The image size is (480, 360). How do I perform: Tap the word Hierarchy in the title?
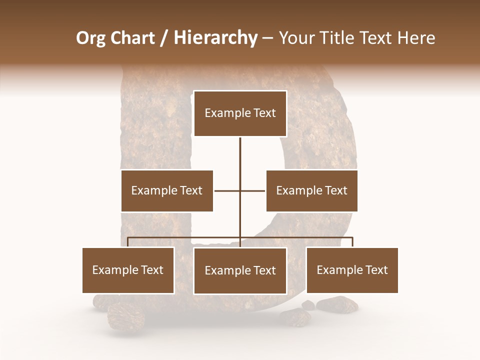pyautogui.click(x=215, y=38)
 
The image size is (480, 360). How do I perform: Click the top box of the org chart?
pyautogui.click(x=240, y=113)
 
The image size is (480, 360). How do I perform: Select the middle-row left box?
pyautogui.click(x=167, y=190)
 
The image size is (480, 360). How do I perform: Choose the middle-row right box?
pyautogui.click(x=311, y=190)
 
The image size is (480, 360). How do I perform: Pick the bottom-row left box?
pyautogui.click(x=128, y=270)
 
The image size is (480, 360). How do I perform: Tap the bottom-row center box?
pyautogui.click(x=240, y=270)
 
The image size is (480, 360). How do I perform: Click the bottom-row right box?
pyautogui.click(x=352, y=270)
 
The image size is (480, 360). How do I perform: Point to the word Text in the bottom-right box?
pyautogui.click(x=376, y=270)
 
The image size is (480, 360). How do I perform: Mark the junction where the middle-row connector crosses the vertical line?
pyautogui.click(x=240, y=190)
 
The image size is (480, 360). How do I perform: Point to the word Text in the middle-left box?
pyautogui.click(x=191, y=190)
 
